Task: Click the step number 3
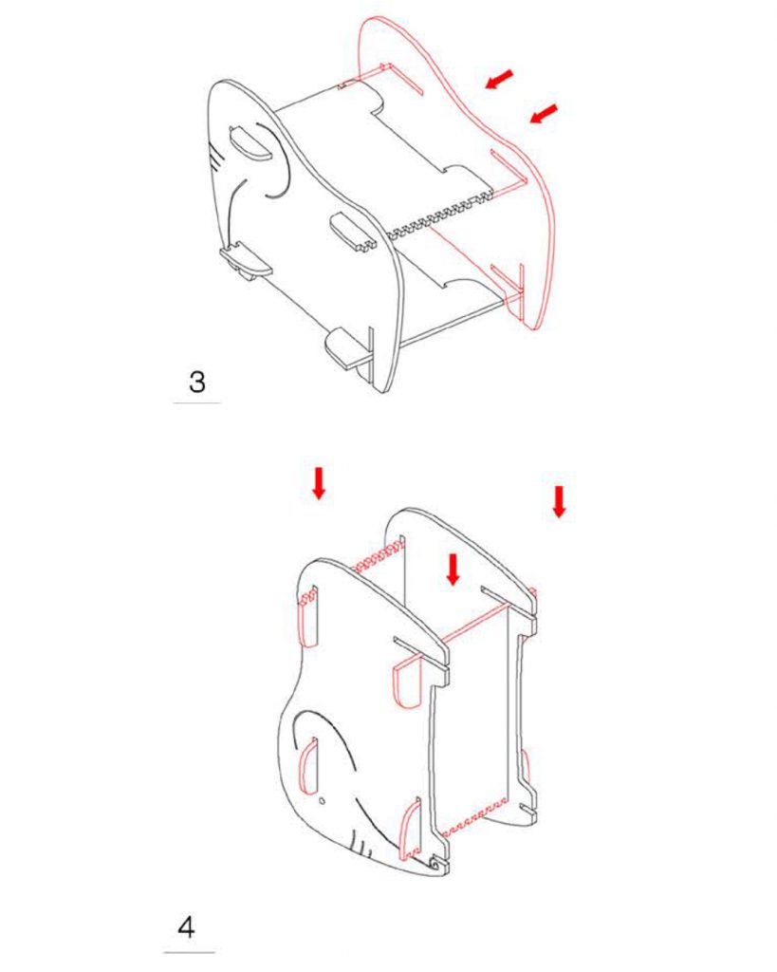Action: (x=197, y=382)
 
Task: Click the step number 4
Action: (x=187, y=927)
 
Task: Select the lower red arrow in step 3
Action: (x=544, y=113)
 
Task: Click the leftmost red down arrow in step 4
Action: (x=319, y=483)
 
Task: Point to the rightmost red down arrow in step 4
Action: (x=559, y=501)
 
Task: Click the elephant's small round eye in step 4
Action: (x=322, y=801)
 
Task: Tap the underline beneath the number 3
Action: (x=196, y=402)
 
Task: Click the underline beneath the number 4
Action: (x=190, y=952)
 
